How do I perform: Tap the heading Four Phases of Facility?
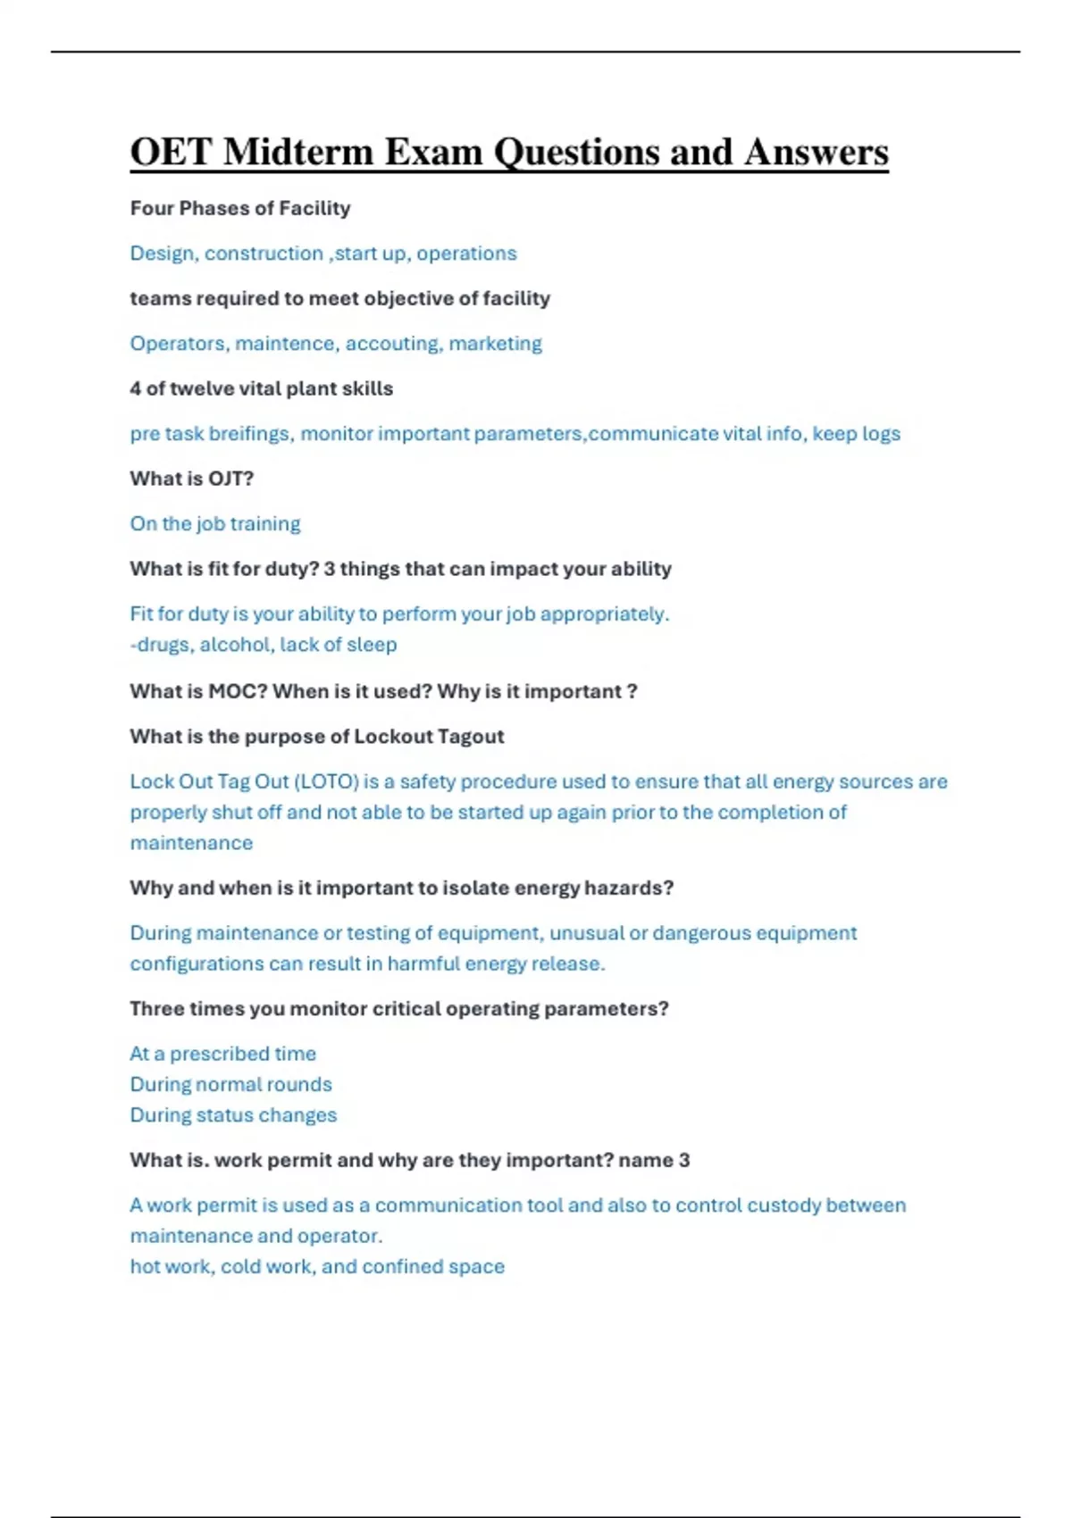[240, 208]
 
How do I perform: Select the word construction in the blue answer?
[264, 254]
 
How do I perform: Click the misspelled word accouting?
[393, 344]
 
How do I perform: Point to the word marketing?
[495, 344]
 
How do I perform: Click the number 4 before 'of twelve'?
[135, 388]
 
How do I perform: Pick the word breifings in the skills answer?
[250, 434]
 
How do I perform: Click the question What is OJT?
[192, 479]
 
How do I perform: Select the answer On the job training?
[215, 524]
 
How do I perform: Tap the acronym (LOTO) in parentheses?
[326, 782]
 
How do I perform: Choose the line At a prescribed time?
[223, 1054]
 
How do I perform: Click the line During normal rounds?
[231, 1085]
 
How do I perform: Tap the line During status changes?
[234, 1115]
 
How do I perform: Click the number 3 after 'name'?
[684, 1161]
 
